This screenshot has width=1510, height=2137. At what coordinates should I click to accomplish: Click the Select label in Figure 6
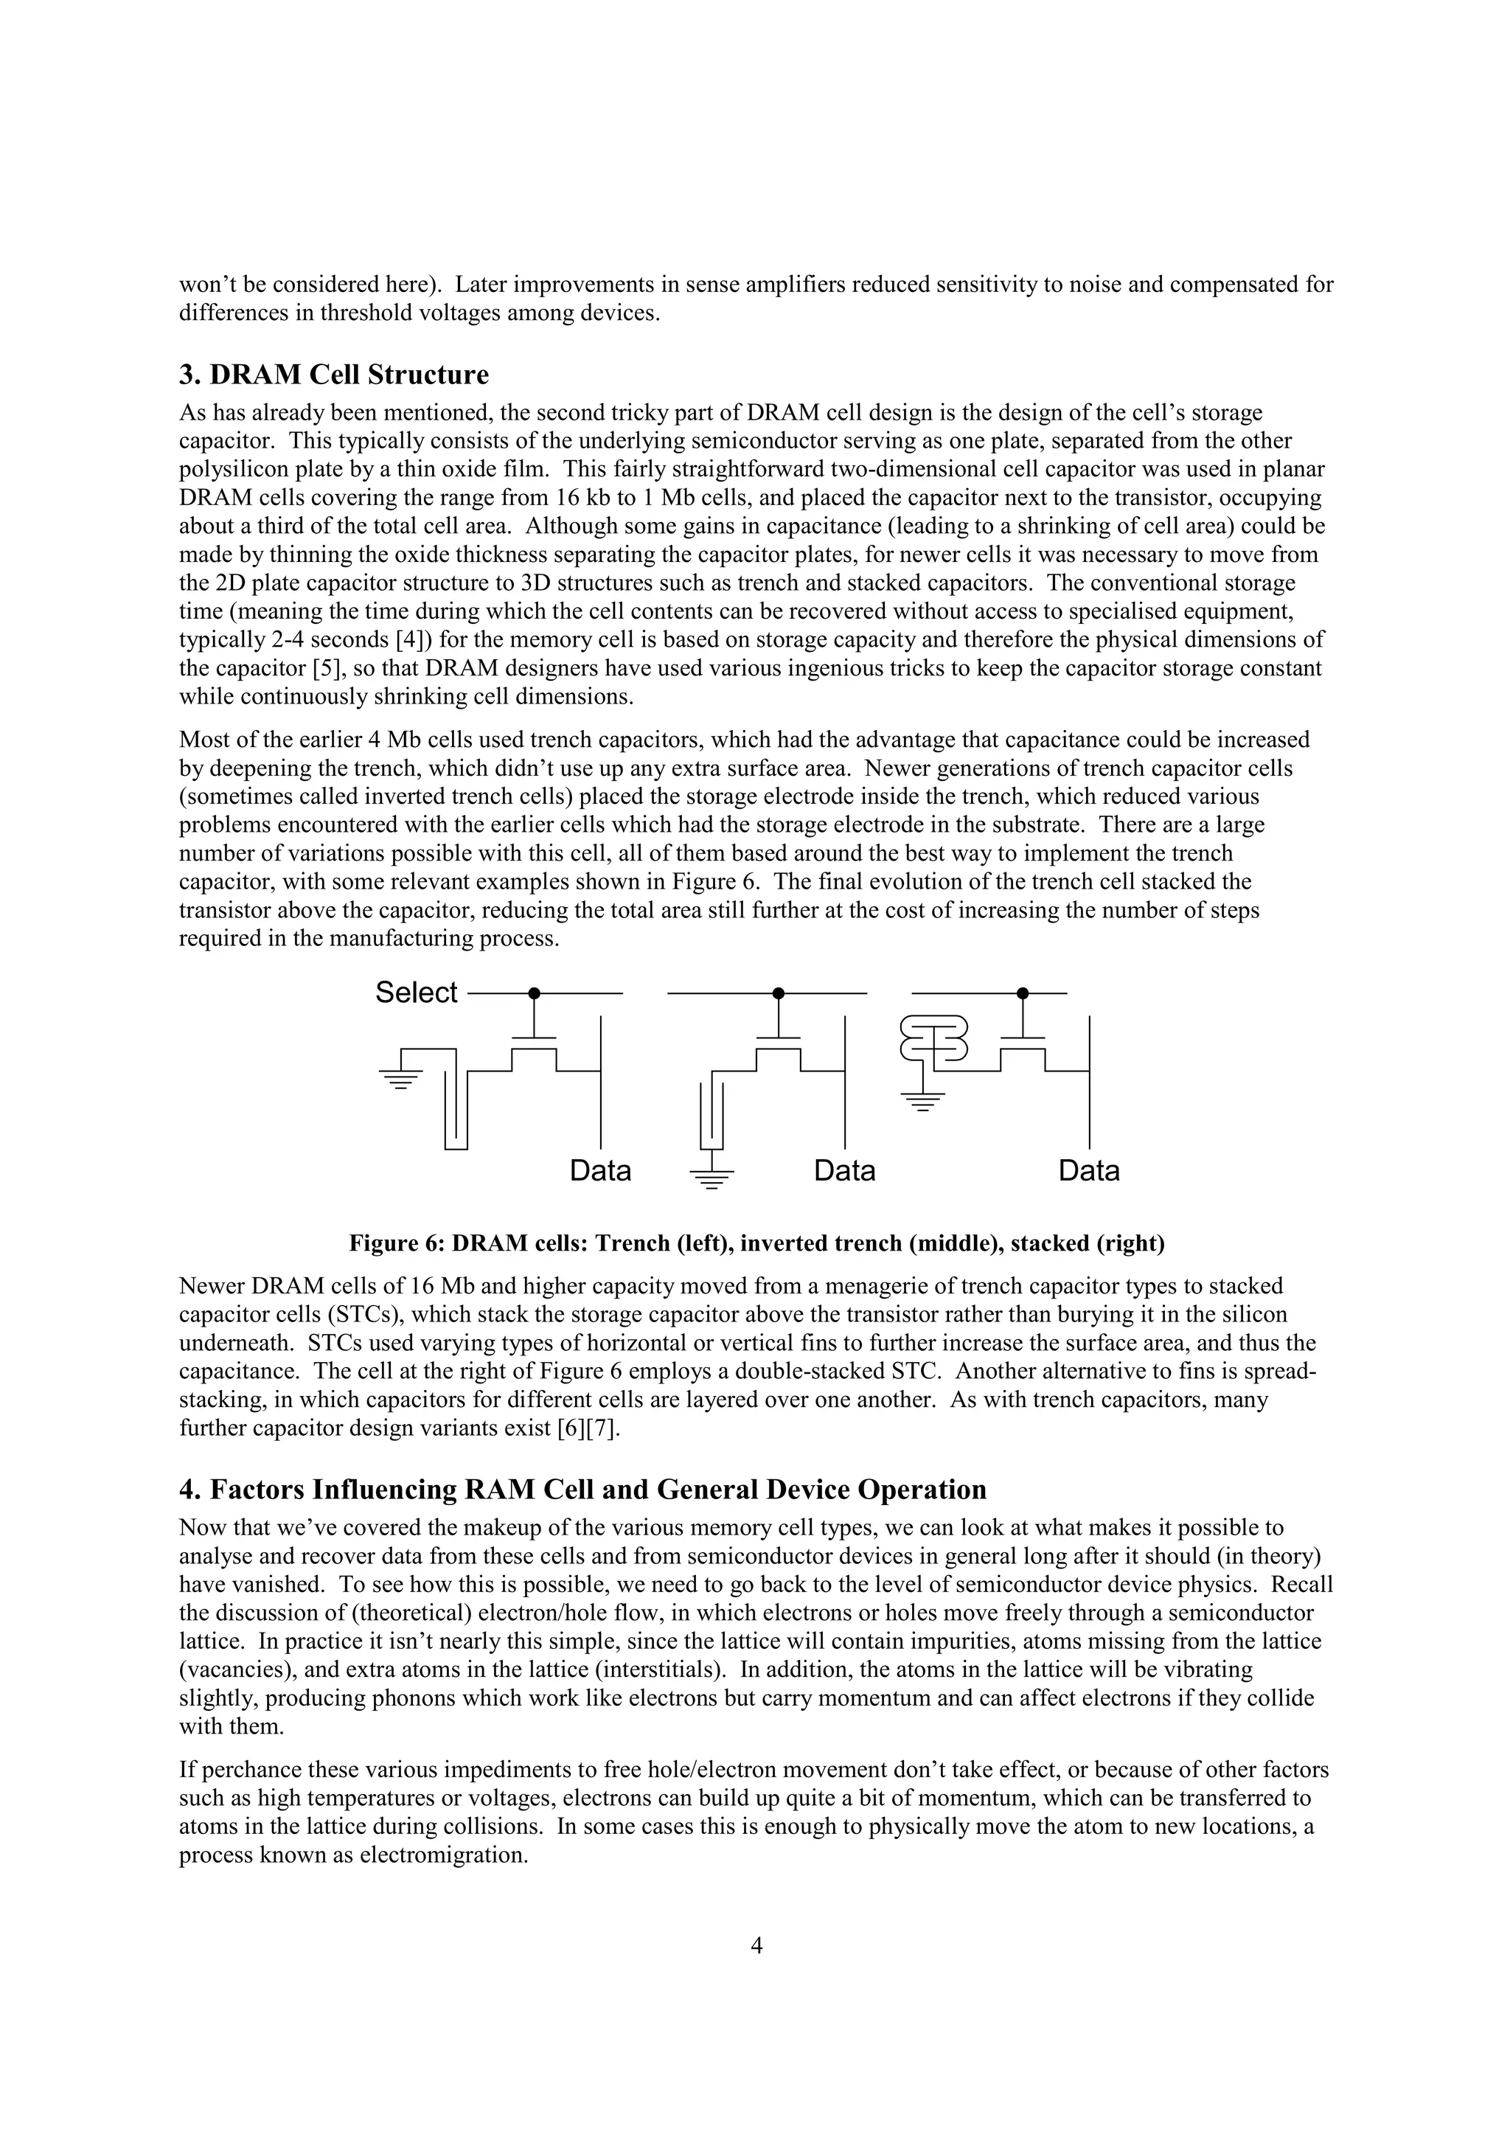tap(416, 993)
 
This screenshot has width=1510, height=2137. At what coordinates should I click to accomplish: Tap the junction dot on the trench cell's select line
tap(534, 993)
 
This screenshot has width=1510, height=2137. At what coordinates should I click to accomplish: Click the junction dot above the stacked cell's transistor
tap(1023, 993)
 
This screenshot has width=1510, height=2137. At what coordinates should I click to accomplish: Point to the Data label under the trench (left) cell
tap(600, 1170)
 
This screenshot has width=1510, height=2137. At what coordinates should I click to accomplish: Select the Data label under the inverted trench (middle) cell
tap(845, 1170)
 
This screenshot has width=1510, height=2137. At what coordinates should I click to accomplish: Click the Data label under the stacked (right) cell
tap(1088, 1170)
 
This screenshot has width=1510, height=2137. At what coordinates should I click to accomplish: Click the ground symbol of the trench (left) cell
tap(401, 1079)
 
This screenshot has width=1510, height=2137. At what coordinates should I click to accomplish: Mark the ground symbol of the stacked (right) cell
tap(923, 1102)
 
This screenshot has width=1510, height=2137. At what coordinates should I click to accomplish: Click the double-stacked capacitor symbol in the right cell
tap(934, 1039)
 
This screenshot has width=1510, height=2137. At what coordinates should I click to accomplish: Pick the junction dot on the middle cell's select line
tap(779, 993)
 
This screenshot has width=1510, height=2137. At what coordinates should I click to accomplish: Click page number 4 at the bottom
tap(756, 1945)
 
